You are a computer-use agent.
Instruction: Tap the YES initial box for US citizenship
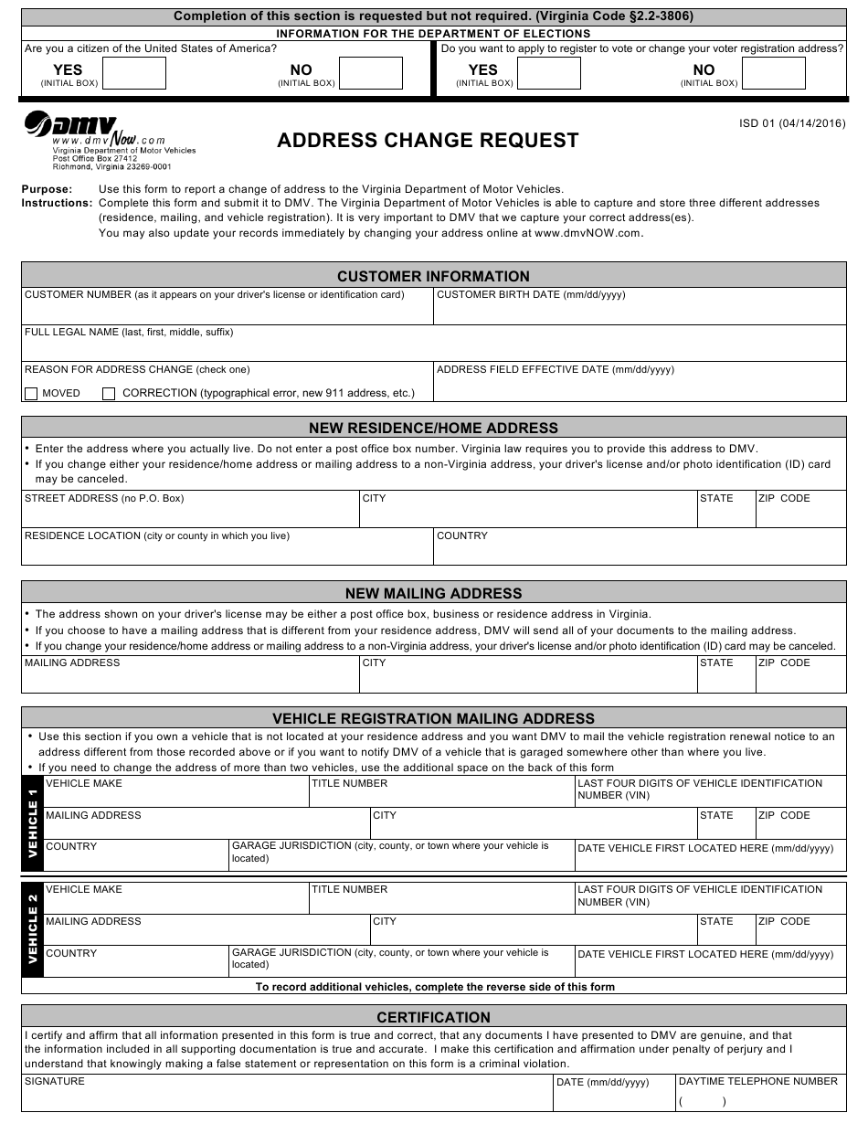pos(134,73)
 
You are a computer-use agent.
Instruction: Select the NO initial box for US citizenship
pos(370,73)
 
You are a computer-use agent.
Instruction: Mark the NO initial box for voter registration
pos(774,73)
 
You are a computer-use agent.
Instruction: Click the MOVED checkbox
pos(31,394)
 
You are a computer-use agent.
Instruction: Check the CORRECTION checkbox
pos(109,394)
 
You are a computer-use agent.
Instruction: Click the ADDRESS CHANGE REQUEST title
pos(428,140)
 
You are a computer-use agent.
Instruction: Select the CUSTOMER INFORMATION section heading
pos(433,276)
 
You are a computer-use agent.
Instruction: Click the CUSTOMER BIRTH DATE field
pos(640,312)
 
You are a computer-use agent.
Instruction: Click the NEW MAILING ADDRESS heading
pos(433,593)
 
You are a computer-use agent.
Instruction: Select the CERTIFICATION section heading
pos(433,1017)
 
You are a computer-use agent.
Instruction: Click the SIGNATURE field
pos(287,1097)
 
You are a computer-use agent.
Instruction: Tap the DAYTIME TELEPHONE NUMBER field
pos(760,1097)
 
